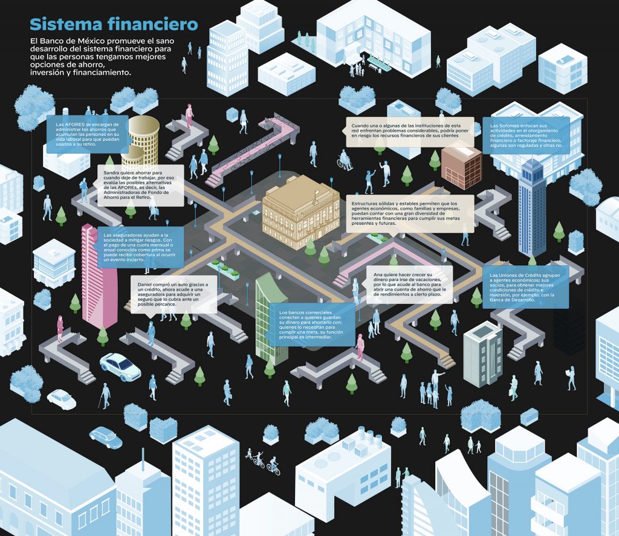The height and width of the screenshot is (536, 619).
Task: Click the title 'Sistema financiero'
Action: [114, 25]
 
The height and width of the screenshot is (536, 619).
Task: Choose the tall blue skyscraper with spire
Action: [532, 205]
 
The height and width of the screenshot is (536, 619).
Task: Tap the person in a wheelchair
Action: [344, 161]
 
